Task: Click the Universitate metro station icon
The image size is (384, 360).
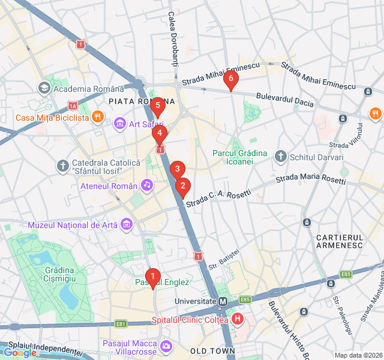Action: (x=223, y=301)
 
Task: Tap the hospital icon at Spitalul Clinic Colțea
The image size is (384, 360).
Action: (x=238, y=319)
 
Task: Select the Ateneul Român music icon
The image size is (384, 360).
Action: (x=146, y=185)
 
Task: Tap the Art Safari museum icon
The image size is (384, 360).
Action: (x=119, y=124)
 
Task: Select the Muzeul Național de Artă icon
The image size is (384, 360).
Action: (x=127, y=224)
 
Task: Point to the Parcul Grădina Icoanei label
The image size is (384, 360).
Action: (x=240, y=157)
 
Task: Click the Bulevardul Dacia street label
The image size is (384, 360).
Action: (x=284, y=99)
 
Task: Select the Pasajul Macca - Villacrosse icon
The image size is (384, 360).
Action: (x=166, y=347)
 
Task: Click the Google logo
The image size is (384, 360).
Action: (x=19, y=353)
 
